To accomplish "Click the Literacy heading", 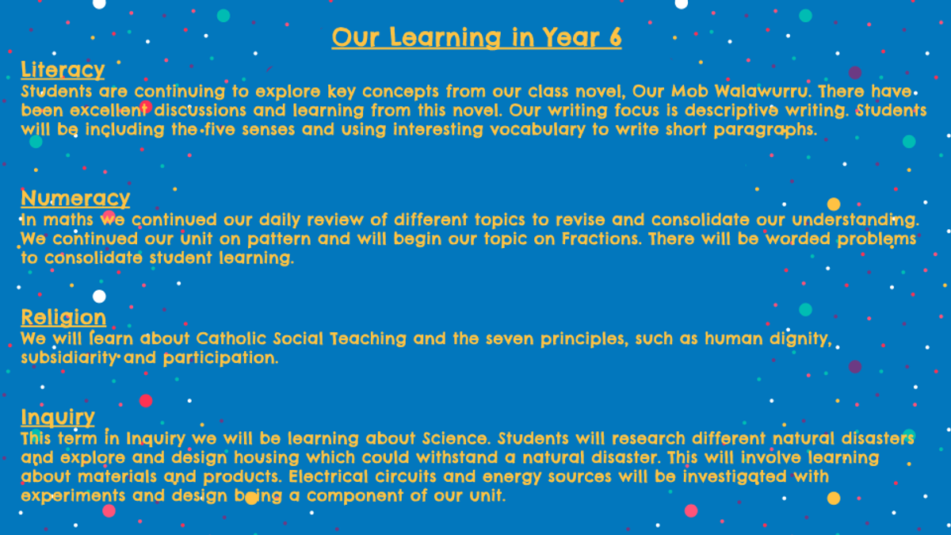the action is pos(63,70).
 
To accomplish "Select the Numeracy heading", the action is pos(75,198).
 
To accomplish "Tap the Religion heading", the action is pos(63,318).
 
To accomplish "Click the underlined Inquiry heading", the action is pos(58,418).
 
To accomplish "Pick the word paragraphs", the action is pos(766,130).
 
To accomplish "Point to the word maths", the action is pos(68,220).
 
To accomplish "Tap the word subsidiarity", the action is pos(69,358).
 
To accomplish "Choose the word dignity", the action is pos(800,339).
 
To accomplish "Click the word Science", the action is pos(456,438).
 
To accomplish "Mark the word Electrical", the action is pos(328,477).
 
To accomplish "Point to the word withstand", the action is pos(457,458).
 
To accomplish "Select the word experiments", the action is pos(73,496).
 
